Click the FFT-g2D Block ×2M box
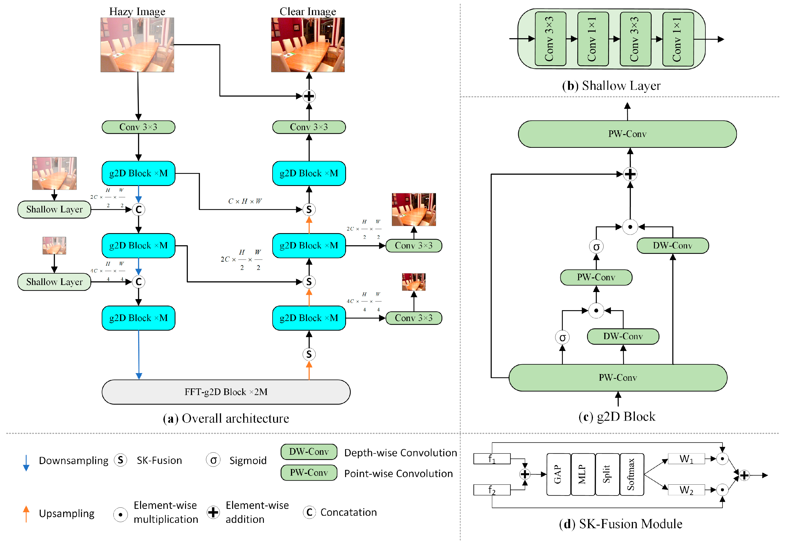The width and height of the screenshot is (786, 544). pos(226,392)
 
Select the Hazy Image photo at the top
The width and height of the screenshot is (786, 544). pos(137,45)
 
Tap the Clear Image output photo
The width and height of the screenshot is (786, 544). pos(308,45)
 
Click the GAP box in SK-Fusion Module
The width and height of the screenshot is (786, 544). pos(558,474)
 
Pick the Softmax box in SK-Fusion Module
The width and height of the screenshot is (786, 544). pos(631,474)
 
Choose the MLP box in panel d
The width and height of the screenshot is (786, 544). pos(582,474)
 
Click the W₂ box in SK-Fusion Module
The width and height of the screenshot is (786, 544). pos(686,490)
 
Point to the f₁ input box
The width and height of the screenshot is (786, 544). pos(492,458)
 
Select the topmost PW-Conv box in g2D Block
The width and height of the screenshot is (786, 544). pos(627,134)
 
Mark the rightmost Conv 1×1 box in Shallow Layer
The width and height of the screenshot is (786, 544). pos(677,39)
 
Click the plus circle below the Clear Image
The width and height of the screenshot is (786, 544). pos(309,96)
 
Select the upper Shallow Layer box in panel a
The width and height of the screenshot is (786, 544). pos(54,209)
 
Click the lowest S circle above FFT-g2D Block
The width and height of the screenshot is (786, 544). pos(309,354)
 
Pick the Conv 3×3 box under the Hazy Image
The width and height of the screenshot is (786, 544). pos(138,127)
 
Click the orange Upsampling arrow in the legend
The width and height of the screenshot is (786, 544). pos(26,514)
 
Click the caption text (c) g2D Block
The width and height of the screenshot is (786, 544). pos(617,416)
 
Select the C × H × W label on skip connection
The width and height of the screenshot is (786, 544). pos(245,201)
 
